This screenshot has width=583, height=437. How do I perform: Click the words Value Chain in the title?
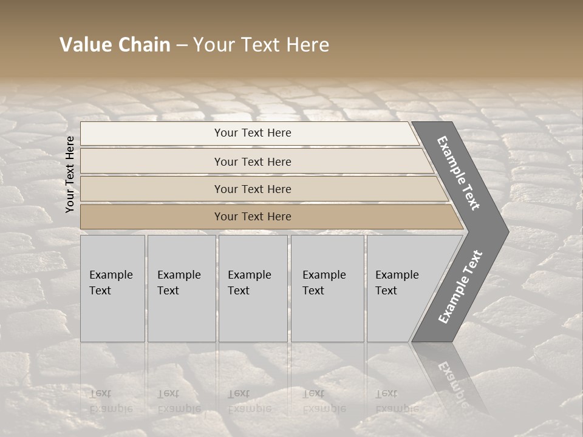pos(115,45)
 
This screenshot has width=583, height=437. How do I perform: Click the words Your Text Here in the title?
pos(261,45)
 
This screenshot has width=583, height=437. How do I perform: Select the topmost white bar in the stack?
pos(152,133)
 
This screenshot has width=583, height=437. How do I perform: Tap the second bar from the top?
pos(152,161)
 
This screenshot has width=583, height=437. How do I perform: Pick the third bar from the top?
pos(152,189)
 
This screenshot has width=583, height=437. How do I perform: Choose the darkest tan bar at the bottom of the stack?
pos(152,217)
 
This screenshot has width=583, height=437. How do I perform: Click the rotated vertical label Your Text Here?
pos(70,174)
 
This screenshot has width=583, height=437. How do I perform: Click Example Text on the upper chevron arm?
pos(459,173)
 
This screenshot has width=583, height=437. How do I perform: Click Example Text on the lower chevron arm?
pos(460,286)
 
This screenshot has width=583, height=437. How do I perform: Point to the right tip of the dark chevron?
pos(507,231)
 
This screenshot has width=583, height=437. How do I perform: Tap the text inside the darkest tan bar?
pos(253,217)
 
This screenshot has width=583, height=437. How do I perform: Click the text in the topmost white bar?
pos(253,133)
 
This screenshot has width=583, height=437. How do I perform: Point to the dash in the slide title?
pos(182,46)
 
